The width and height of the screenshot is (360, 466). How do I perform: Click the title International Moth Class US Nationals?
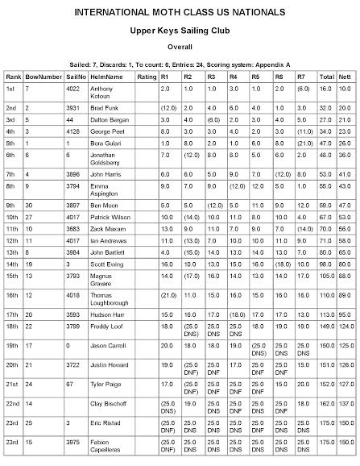(180, 14)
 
